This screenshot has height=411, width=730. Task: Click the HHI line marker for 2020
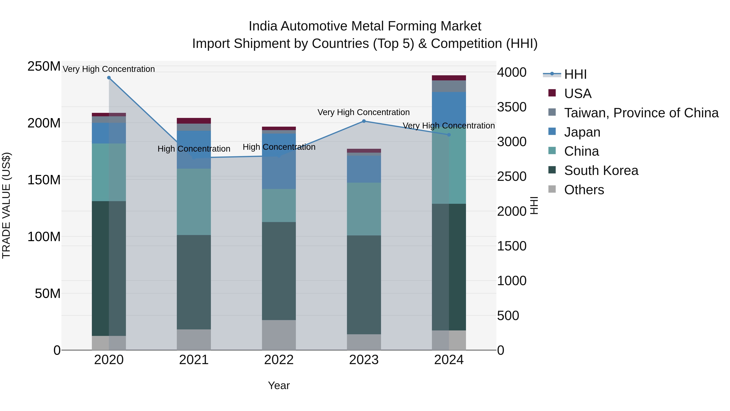(x=109, y=78)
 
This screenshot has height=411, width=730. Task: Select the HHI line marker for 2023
(x=364, y=121)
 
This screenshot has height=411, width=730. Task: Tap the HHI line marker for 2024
(x=449, y=135)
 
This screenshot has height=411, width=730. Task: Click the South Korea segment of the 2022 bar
(x=279, y=271)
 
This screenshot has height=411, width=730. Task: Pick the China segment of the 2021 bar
(x=194, y=202)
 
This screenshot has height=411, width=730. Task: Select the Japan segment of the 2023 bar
(x=364, y=169)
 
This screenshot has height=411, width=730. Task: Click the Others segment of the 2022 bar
(x=279, y=335)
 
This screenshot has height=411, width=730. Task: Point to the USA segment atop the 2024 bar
(x=449, y=78)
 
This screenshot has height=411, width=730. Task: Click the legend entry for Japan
(x=582, y=132)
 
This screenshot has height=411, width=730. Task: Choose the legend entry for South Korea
(x=601, y=170)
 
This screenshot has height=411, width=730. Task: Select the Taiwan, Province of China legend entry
(x=641, y=113)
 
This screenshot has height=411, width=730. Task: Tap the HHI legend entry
(x=575, y=74)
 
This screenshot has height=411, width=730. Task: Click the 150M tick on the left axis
(x=44, y=180)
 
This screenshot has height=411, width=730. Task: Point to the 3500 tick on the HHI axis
(x=512, y=107)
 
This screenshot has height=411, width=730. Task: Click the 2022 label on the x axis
(x=279, y=360)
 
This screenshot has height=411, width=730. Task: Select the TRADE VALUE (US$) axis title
(x=6, y=205)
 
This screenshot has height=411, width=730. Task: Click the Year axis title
(x=279, y=385)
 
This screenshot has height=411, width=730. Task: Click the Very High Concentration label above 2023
(x=364, y=112)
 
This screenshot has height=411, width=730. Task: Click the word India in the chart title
(x=263, y=26)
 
